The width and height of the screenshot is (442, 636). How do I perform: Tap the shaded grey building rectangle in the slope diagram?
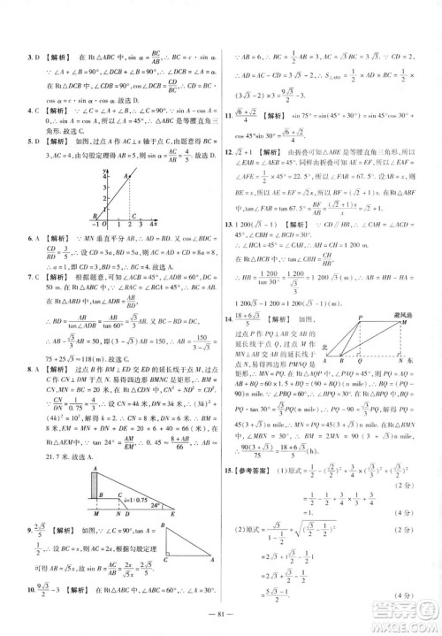point(95,487)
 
